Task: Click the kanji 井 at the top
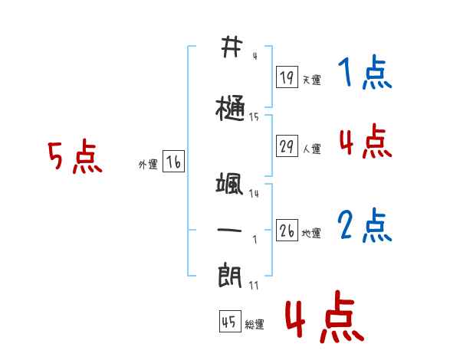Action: point(230,47)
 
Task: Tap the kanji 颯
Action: point(230,184)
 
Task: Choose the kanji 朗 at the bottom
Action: point(230,274)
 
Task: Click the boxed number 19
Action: point(287,77)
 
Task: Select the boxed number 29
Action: point(287,146)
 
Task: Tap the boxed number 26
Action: point(287,231)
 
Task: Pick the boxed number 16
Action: point(173,162)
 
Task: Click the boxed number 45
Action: point(229,322)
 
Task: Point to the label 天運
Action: point(311,80)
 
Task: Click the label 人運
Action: point(311,149)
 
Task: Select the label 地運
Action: point(311,233)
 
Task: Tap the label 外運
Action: point(148,164)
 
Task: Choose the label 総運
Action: point(255,324)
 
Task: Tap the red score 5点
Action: point(74,158)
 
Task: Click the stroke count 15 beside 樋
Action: point(254,117)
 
